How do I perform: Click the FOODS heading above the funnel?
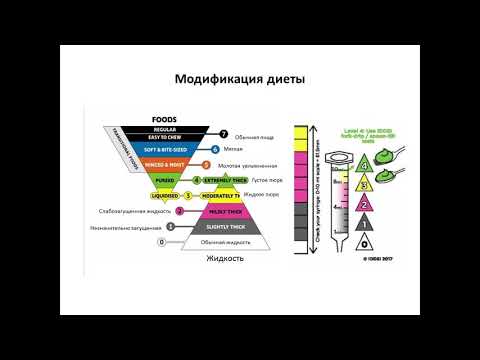tap(164, 116)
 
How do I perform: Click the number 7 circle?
tap(224, 133)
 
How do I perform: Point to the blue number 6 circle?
tap(215, 149)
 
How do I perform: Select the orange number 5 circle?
tap(206, 164)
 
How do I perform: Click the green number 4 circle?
tap(197, 180)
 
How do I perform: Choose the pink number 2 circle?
tap(180, 211)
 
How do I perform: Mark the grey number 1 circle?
tap(171, 227)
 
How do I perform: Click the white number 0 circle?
tap(162, 242)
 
